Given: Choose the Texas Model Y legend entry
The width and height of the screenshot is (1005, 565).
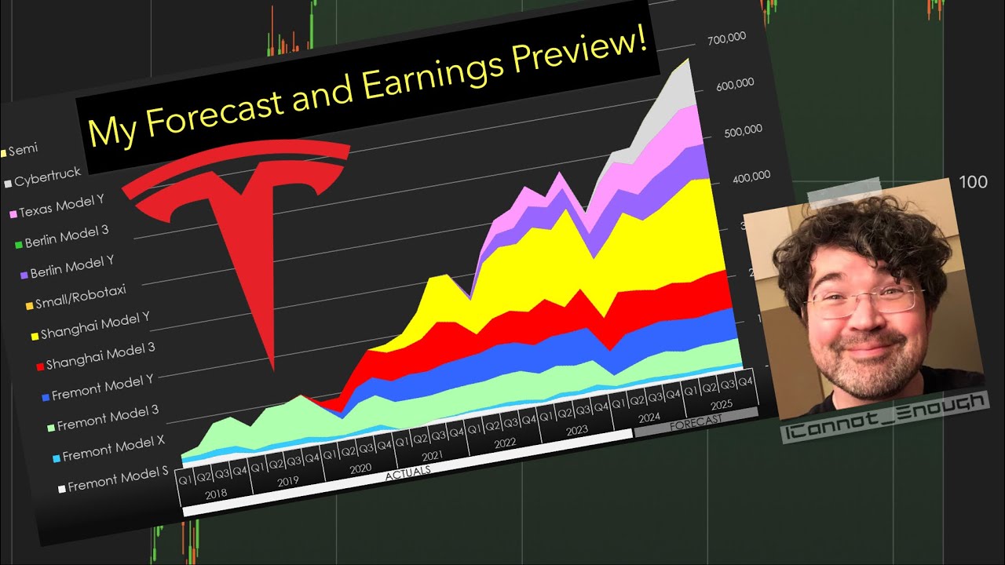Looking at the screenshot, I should click(x=62, y=207).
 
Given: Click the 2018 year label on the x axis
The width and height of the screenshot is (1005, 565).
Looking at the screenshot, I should click(x=216, y=496).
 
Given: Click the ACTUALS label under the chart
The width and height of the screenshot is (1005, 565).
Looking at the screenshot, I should click(x=407, y=470).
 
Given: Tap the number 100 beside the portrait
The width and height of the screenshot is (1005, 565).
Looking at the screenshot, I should click(x=973, y=182).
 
